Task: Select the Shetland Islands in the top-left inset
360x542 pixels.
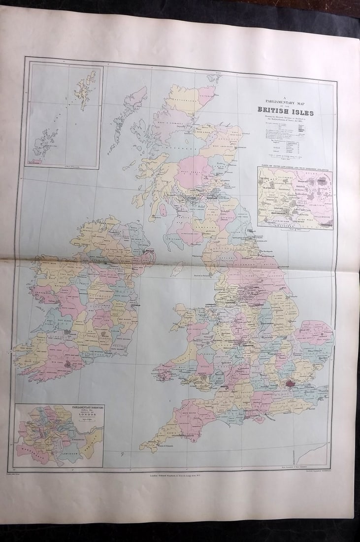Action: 85,89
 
